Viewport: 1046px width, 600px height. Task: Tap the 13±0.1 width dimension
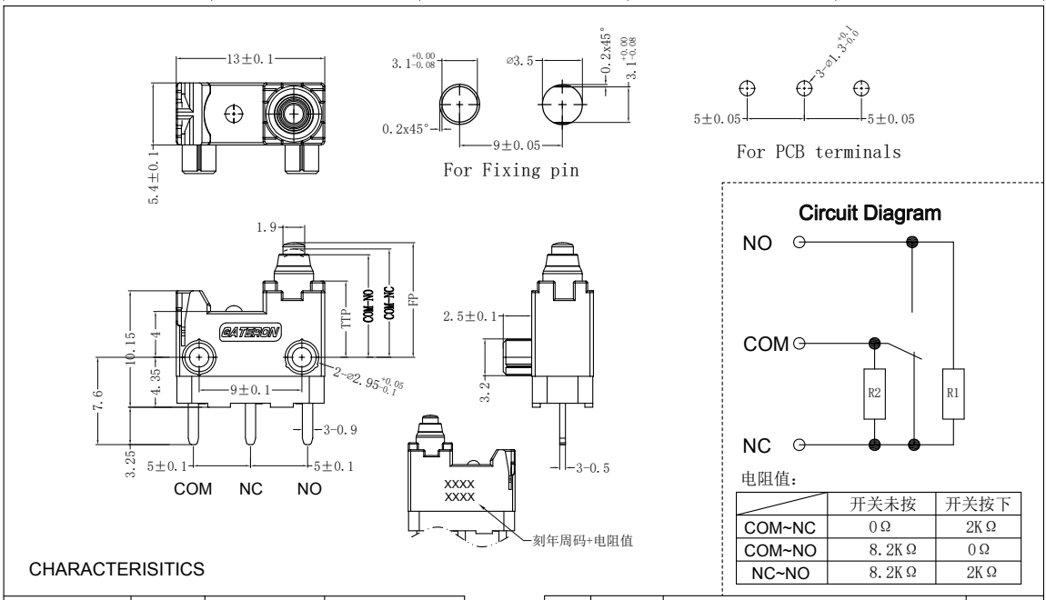coord(246,57)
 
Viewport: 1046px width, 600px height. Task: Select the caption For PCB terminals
coord(820,153)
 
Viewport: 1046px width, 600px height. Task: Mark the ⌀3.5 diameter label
coord(521,61)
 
